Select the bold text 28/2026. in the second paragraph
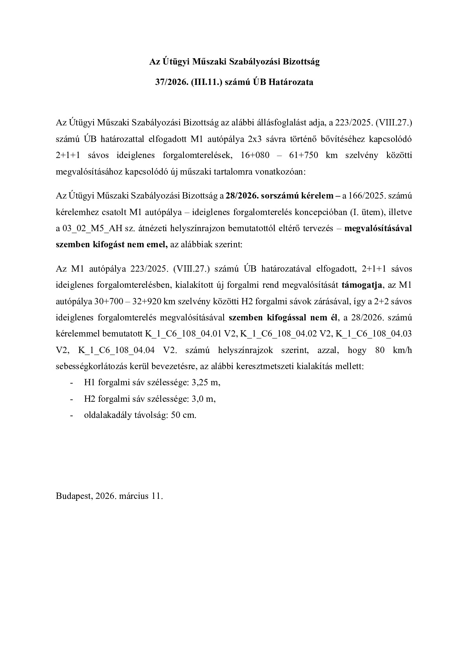point(240,196)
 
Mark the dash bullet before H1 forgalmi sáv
point(71,382)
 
